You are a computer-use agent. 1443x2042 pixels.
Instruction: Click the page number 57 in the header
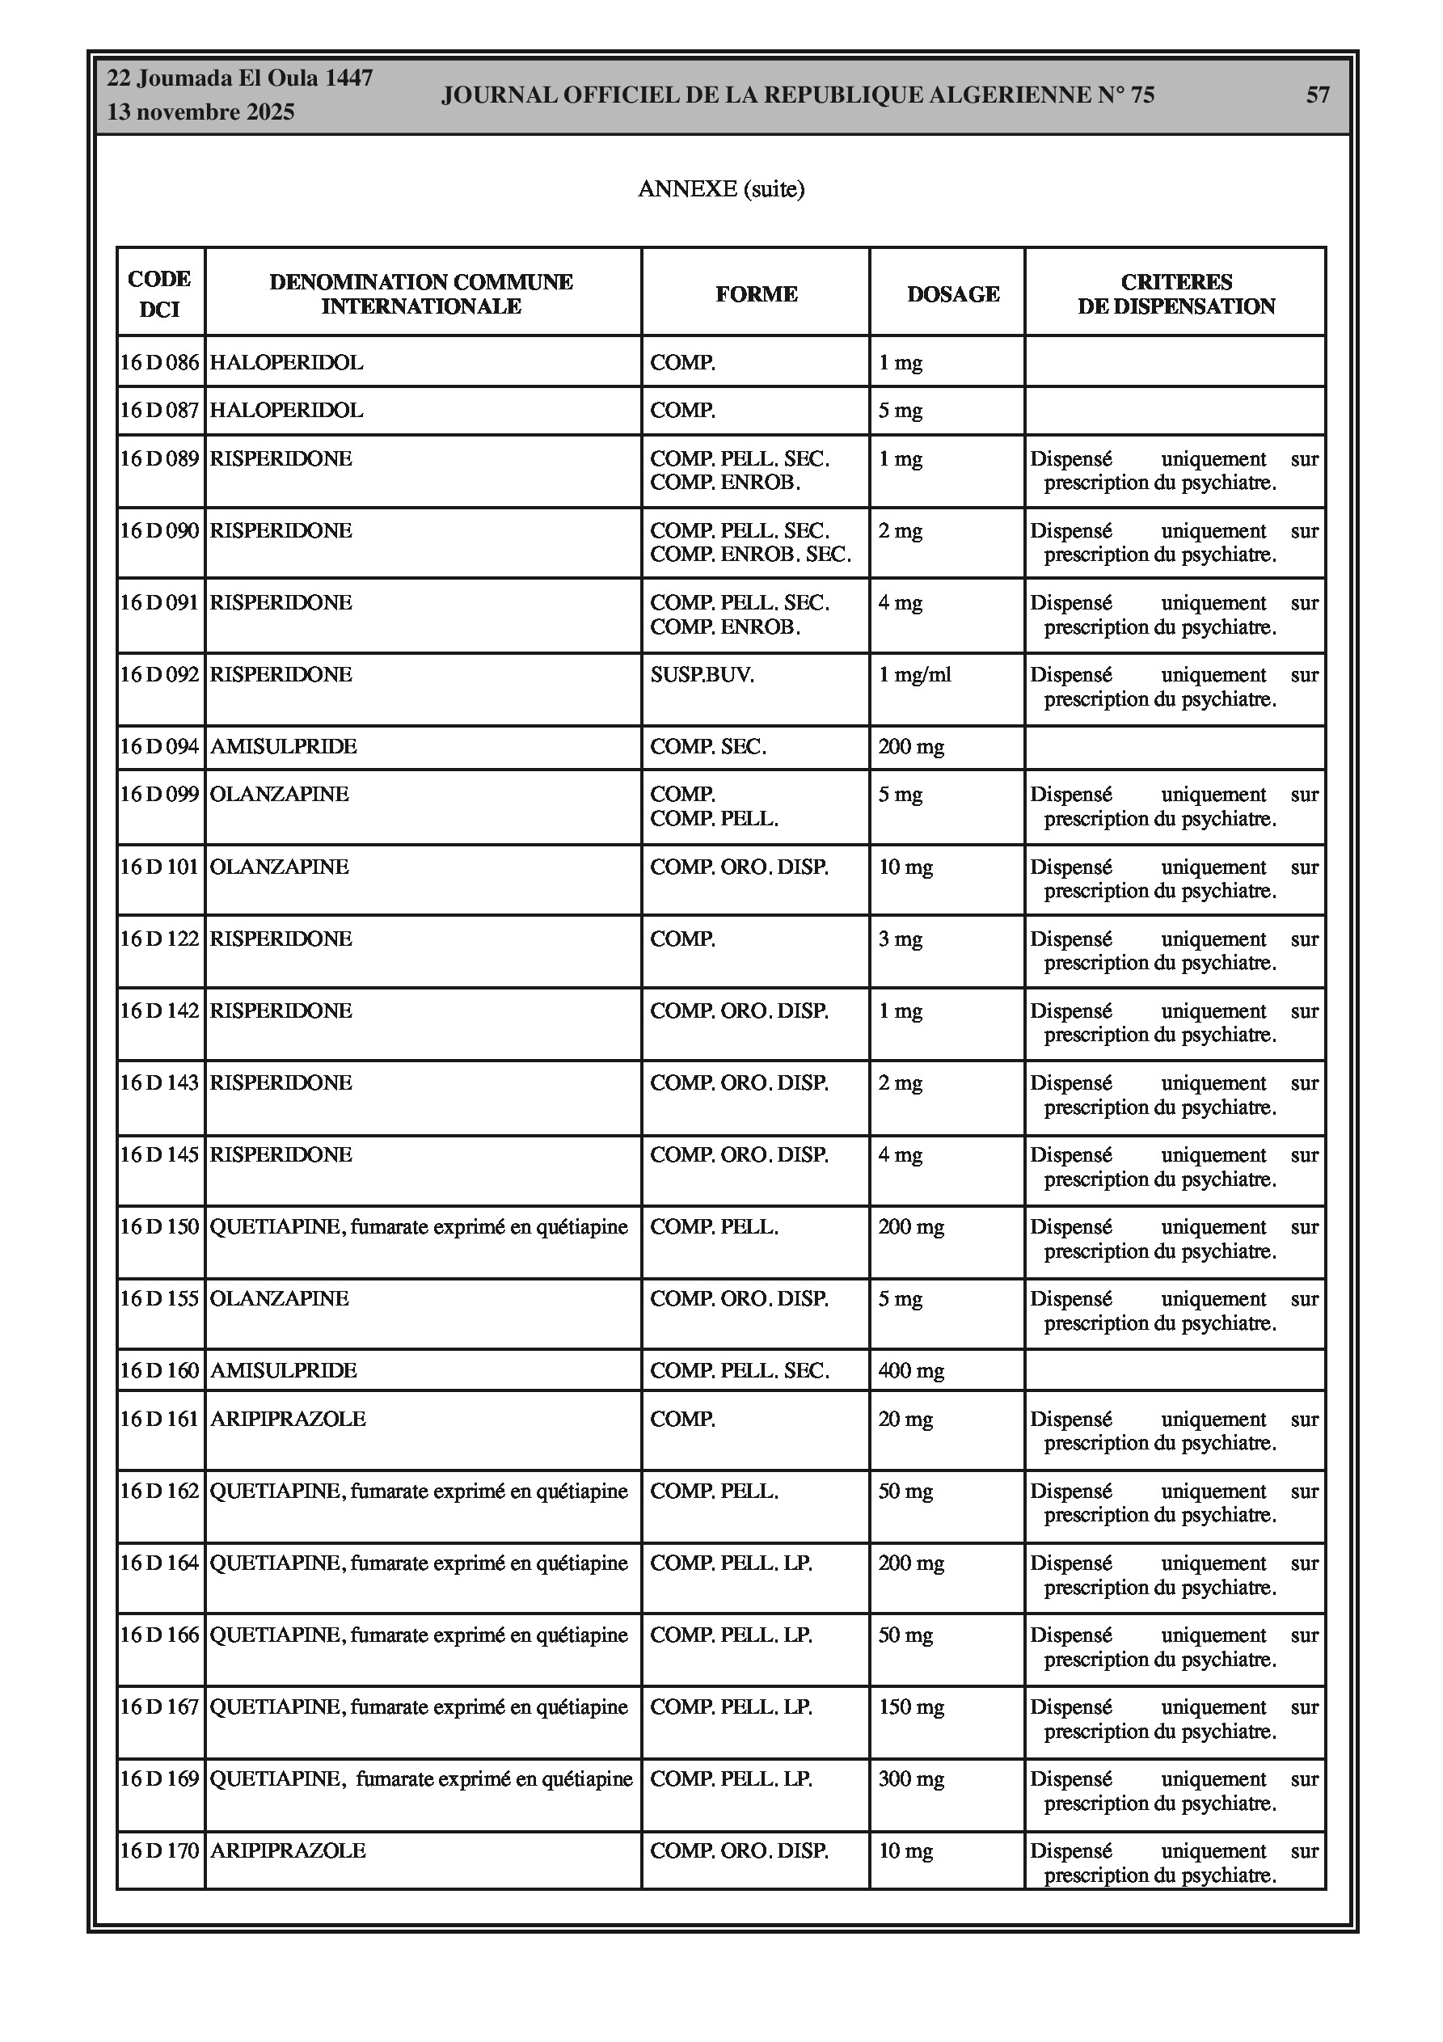pyautogui.click(x=1317, y=95)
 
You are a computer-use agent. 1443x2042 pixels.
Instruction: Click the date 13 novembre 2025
pyautogui.click(x=200, y=113)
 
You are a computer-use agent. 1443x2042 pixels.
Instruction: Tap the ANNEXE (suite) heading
pyautogui.click(x=720, y=188)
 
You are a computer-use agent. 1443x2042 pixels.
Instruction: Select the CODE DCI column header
pyautogui.click(x=160, y=293)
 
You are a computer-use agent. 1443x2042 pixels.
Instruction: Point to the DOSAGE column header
pyautogui.click(x=953, y=294)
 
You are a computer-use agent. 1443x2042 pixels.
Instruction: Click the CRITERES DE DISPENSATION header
pyautogui.click(x=1176, y=294)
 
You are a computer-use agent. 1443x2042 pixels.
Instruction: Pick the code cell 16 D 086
pyautogui.click(x=160, y=363)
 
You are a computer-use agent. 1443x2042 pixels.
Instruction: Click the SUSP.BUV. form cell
pyautogui.click(x=702, y=675)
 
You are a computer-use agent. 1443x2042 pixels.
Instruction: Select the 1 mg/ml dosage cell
pyautogui.click(x=914, y=675)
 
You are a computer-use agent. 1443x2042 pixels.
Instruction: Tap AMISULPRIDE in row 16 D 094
pyautogui.click(x=283, y=747)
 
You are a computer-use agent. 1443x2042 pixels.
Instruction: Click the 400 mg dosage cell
pyautogui.click(x=911, y=1371)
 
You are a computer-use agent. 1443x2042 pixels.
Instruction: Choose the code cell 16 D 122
pyautogui.click(x=160, y=939)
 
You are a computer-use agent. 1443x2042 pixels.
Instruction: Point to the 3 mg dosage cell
pyautogui.click(x=901, y=939)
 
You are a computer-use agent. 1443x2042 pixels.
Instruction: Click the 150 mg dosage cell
pyautogui.click(x=911, y=1707)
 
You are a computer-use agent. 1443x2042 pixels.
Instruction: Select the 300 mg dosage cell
pyautogui.click(x=911, y=1779)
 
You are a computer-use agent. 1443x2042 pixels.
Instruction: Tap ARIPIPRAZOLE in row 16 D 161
pyautogui.click(x=287, y=1420)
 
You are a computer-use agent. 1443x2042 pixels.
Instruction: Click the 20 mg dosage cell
pyautogui.click(x=905, y=1420)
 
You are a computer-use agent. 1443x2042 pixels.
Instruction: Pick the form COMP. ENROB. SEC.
pyautogui.click(x=750, y=555)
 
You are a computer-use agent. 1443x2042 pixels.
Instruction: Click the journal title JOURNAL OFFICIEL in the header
pyautogui.click(x=797, y=95)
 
